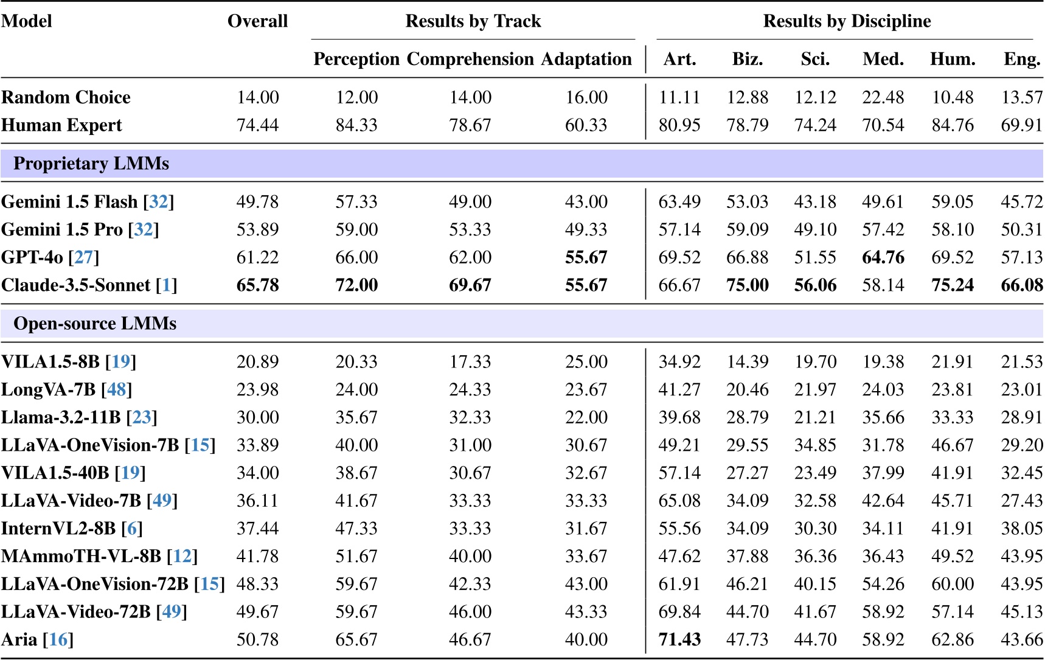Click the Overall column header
pyautogui.click(x=257, y=21)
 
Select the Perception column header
pyautogui.click(x=356, y=59)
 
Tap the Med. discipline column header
pyautogui.click(x=883, y=59)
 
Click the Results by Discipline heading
pyautogui.click(x=847, y=21)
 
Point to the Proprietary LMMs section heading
pyautogui.click(x=91, y=164)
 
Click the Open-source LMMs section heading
pyautogui.click(x=95, y=324)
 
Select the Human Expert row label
pyautogui.click(x=61, y=125)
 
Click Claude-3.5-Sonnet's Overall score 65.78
pyautogui.click(x=257, y=285)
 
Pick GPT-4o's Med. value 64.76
pyautogui.click(x=883, y=257)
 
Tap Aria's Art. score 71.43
pyautogui.click(x=679, y=640)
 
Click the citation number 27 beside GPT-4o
pyautogui.click(x=83, y=257)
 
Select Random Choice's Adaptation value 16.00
pyautogui.click(x=586, y=97)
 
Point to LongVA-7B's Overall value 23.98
pyautogui.click(x=257, y=389)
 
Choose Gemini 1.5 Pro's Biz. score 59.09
pyautogui.click(x=748, y=229)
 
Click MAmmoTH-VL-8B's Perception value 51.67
pyautogui.click(x=356, y=556)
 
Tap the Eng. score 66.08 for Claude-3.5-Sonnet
pyautogui.click(x=1022, y=285)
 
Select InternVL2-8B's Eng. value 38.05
pyautogui.click(x=1022, y=529)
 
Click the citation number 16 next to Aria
pyautogui.click(x=58, y=640)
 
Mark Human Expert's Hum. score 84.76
pyautogui.click(x=953, y=125)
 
